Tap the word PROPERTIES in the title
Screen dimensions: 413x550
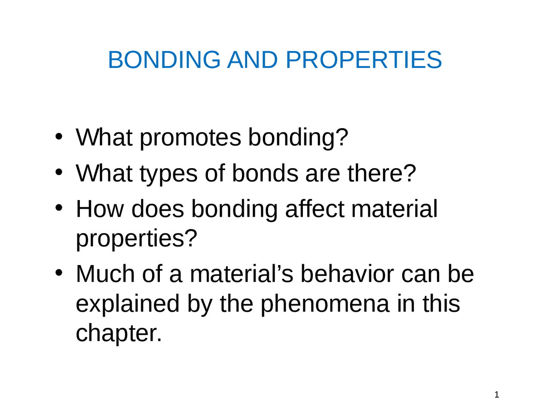click(x=364, y=59)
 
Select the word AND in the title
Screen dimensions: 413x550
click(x=252, y=59)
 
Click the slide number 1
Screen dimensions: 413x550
click(x=497, y=395)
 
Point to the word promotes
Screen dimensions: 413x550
click(x=190, y=138)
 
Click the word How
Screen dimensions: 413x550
click(x=100, y=209)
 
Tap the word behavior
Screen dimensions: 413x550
click(x=346, y=274)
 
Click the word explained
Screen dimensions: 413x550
click(x=127, y=304)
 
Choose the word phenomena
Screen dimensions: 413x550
click(x=324, y=304)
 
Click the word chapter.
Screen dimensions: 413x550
click(x=119, y=333)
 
